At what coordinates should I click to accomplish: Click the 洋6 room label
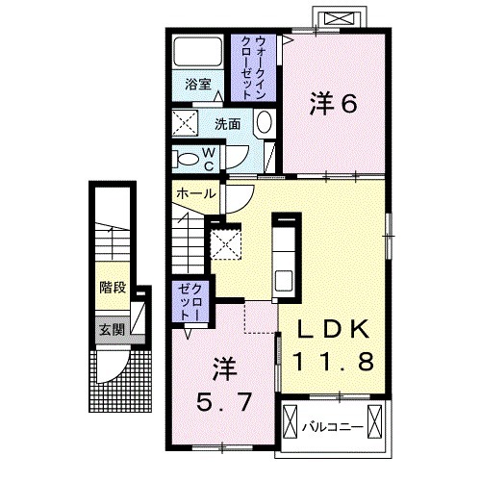point(333,104)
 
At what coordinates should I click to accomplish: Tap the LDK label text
point(332,330)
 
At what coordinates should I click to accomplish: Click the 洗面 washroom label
point(228,123)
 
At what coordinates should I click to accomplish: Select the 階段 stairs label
point(112,288)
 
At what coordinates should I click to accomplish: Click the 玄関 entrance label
point(111,329)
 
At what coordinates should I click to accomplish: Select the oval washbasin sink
point(265,123)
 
